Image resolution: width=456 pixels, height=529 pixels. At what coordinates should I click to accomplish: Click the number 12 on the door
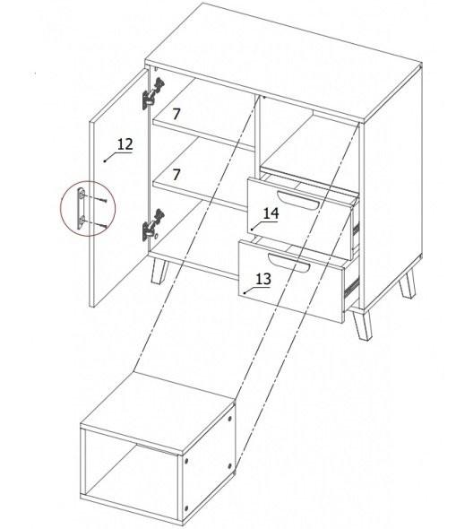pos(125,144)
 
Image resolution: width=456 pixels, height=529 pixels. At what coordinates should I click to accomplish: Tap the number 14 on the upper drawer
pos(271,213)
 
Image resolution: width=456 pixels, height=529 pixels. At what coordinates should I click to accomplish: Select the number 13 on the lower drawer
pos(263,279)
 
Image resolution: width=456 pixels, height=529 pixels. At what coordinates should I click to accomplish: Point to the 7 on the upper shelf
pos(176,114)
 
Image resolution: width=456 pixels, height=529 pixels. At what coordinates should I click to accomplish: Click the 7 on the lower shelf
pos(176,175)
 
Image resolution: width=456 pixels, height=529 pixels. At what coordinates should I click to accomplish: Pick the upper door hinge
pos(153,93)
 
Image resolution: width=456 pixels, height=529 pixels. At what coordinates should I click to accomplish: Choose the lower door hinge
pos(153,225)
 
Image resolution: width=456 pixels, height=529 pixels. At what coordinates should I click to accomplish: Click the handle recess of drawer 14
pos(297,201)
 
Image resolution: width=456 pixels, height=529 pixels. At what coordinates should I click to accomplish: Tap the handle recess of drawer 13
pos(288,263)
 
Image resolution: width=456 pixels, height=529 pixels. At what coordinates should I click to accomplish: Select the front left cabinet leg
pos(159,272)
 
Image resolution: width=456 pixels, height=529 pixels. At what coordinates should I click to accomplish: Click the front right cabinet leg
pos(363,325)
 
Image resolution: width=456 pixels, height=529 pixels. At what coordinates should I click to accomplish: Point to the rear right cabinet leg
pos(408,284)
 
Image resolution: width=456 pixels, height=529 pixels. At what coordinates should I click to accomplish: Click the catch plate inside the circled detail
pos(81,208)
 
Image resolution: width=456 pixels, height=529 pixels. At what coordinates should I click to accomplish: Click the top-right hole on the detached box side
pos(230,419)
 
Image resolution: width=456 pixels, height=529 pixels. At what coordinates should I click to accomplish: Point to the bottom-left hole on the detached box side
pos(186,507)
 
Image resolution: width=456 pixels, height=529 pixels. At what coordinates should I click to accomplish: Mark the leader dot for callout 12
pos(105,160)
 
